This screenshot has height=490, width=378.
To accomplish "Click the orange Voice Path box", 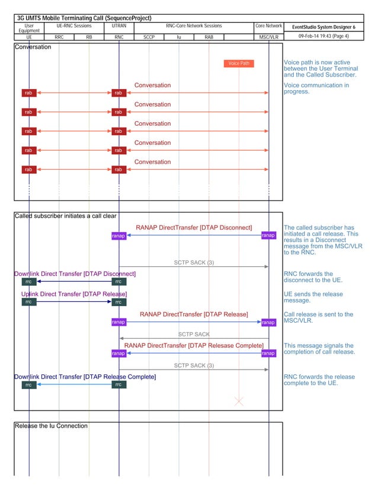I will click(239, 63).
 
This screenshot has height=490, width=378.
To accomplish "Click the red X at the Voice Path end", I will click(239, 402).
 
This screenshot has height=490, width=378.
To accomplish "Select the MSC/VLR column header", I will click(268, 37).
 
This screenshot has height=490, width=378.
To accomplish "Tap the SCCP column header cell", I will click(149, 37).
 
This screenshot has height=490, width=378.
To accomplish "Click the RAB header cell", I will click(209, 37).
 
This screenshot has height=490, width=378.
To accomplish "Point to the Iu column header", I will click(179, 37).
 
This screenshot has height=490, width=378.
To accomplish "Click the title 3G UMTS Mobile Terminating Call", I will click(84, 18).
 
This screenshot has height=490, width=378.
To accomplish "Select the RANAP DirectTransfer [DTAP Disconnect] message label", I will click(194, 228).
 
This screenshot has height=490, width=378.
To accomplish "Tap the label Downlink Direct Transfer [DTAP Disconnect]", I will click(75, 273).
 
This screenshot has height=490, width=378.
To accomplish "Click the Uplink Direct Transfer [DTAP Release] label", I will click(74, 294).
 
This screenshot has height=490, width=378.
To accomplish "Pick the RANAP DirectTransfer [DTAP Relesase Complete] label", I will click(194, 345).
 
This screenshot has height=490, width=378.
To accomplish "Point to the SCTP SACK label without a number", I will click(194, 335).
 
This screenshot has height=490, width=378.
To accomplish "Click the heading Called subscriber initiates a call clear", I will click(65, 216).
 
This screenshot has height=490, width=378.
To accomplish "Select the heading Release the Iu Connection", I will click(51, 426).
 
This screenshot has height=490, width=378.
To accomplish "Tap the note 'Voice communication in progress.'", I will click(316, 88).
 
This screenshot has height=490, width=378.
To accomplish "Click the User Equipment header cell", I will click(29, 28).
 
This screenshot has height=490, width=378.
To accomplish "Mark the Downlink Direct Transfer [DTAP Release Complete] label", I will click(85, 377).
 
